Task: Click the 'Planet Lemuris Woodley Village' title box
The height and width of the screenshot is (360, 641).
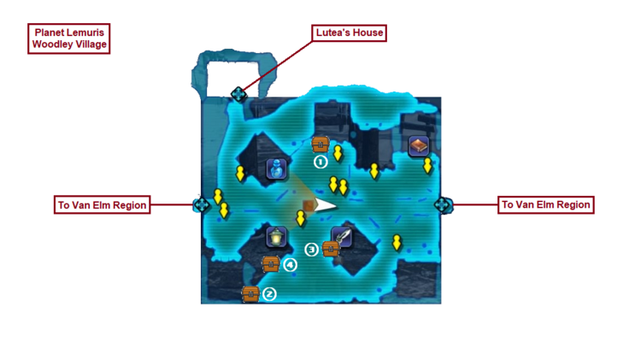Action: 69,38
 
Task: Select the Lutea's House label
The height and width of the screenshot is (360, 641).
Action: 350,33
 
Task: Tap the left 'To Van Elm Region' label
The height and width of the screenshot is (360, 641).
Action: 103,205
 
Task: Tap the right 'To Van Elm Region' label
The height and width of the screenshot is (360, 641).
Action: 545,205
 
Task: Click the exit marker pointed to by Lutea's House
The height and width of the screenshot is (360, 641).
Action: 239,94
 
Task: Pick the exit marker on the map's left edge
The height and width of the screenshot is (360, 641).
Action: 202,205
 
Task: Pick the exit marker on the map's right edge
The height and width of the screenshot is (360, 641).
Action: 443,205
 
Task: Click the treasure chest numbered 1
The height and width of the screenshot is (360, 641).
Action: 320,144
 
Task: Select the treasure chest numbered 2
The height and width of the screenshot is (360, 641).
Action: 250,293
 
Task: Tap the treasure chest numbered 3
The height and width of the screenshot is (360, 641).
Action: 331,249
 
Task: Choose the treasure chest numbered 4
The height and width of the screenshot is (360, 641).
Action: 271,263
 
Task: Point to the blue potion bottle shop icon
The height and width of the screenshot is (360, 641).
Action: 277,169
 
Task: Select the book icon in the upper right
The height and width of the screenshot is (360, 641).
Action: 418,146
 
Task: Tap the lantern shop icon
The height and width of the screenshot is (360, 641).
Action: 276,237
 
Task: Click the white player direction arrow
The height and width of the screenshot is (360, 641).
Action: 325,205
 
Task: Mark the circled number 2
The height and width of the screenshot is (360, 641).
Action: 270,294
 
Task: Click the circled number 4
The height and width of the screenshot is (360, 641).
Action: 291,264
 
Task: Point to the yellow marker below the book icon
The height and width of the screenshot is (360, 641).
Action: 427,166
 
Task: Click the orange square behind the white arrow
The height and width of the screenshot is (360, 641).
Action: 309,206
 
